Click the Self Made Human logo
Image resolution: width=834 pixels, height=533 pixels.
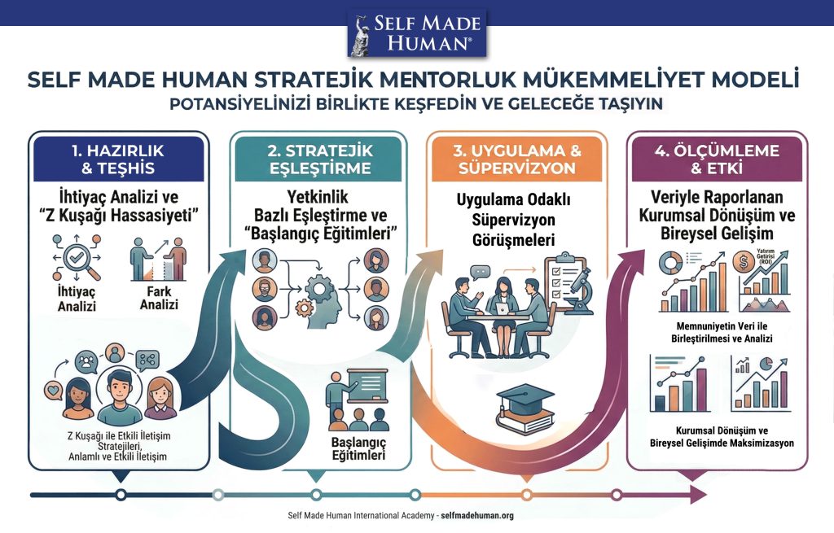click(416, 33)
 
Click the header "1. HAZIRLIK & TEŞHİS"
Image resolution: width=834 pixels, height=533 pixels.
click(118, 159)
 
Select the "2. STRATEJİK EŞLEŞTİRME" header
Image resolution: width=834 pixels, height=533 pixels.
click(319, 159)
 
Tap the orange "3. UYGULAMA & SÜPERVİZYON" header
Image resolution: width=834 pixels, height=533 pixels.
click(517, 159)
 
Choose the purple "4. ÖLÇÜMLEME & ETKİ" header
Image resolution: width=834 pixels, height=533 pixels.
click(717, 159)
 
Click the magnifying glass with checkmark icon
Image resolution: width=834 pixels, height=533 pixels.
click(77, 258)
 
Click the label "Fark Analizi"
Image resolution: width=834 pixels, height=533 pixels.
click(159, 298)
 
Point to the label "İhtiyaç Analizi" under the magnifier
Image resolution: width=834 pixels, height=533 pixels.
click(77, 299)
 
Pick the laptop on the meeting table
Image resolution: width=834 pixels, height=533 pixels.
click(502, 308)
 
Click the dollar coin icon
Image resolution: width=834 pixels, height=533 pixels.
click(740, 261)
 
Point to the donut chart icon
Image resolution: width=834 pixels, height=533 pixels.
click(670, 262)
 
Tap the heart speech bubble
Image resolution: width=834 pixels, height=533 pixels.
click(54, 391)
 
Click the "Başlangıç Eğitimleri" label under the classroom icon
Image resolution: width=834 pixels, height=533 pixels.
click(358, 449)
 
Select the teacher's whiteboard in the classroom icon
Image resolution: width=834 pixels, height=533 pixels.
click(367, 385)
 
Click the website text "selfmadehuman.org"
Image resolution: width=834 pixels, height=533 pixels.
click(477, 515)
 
